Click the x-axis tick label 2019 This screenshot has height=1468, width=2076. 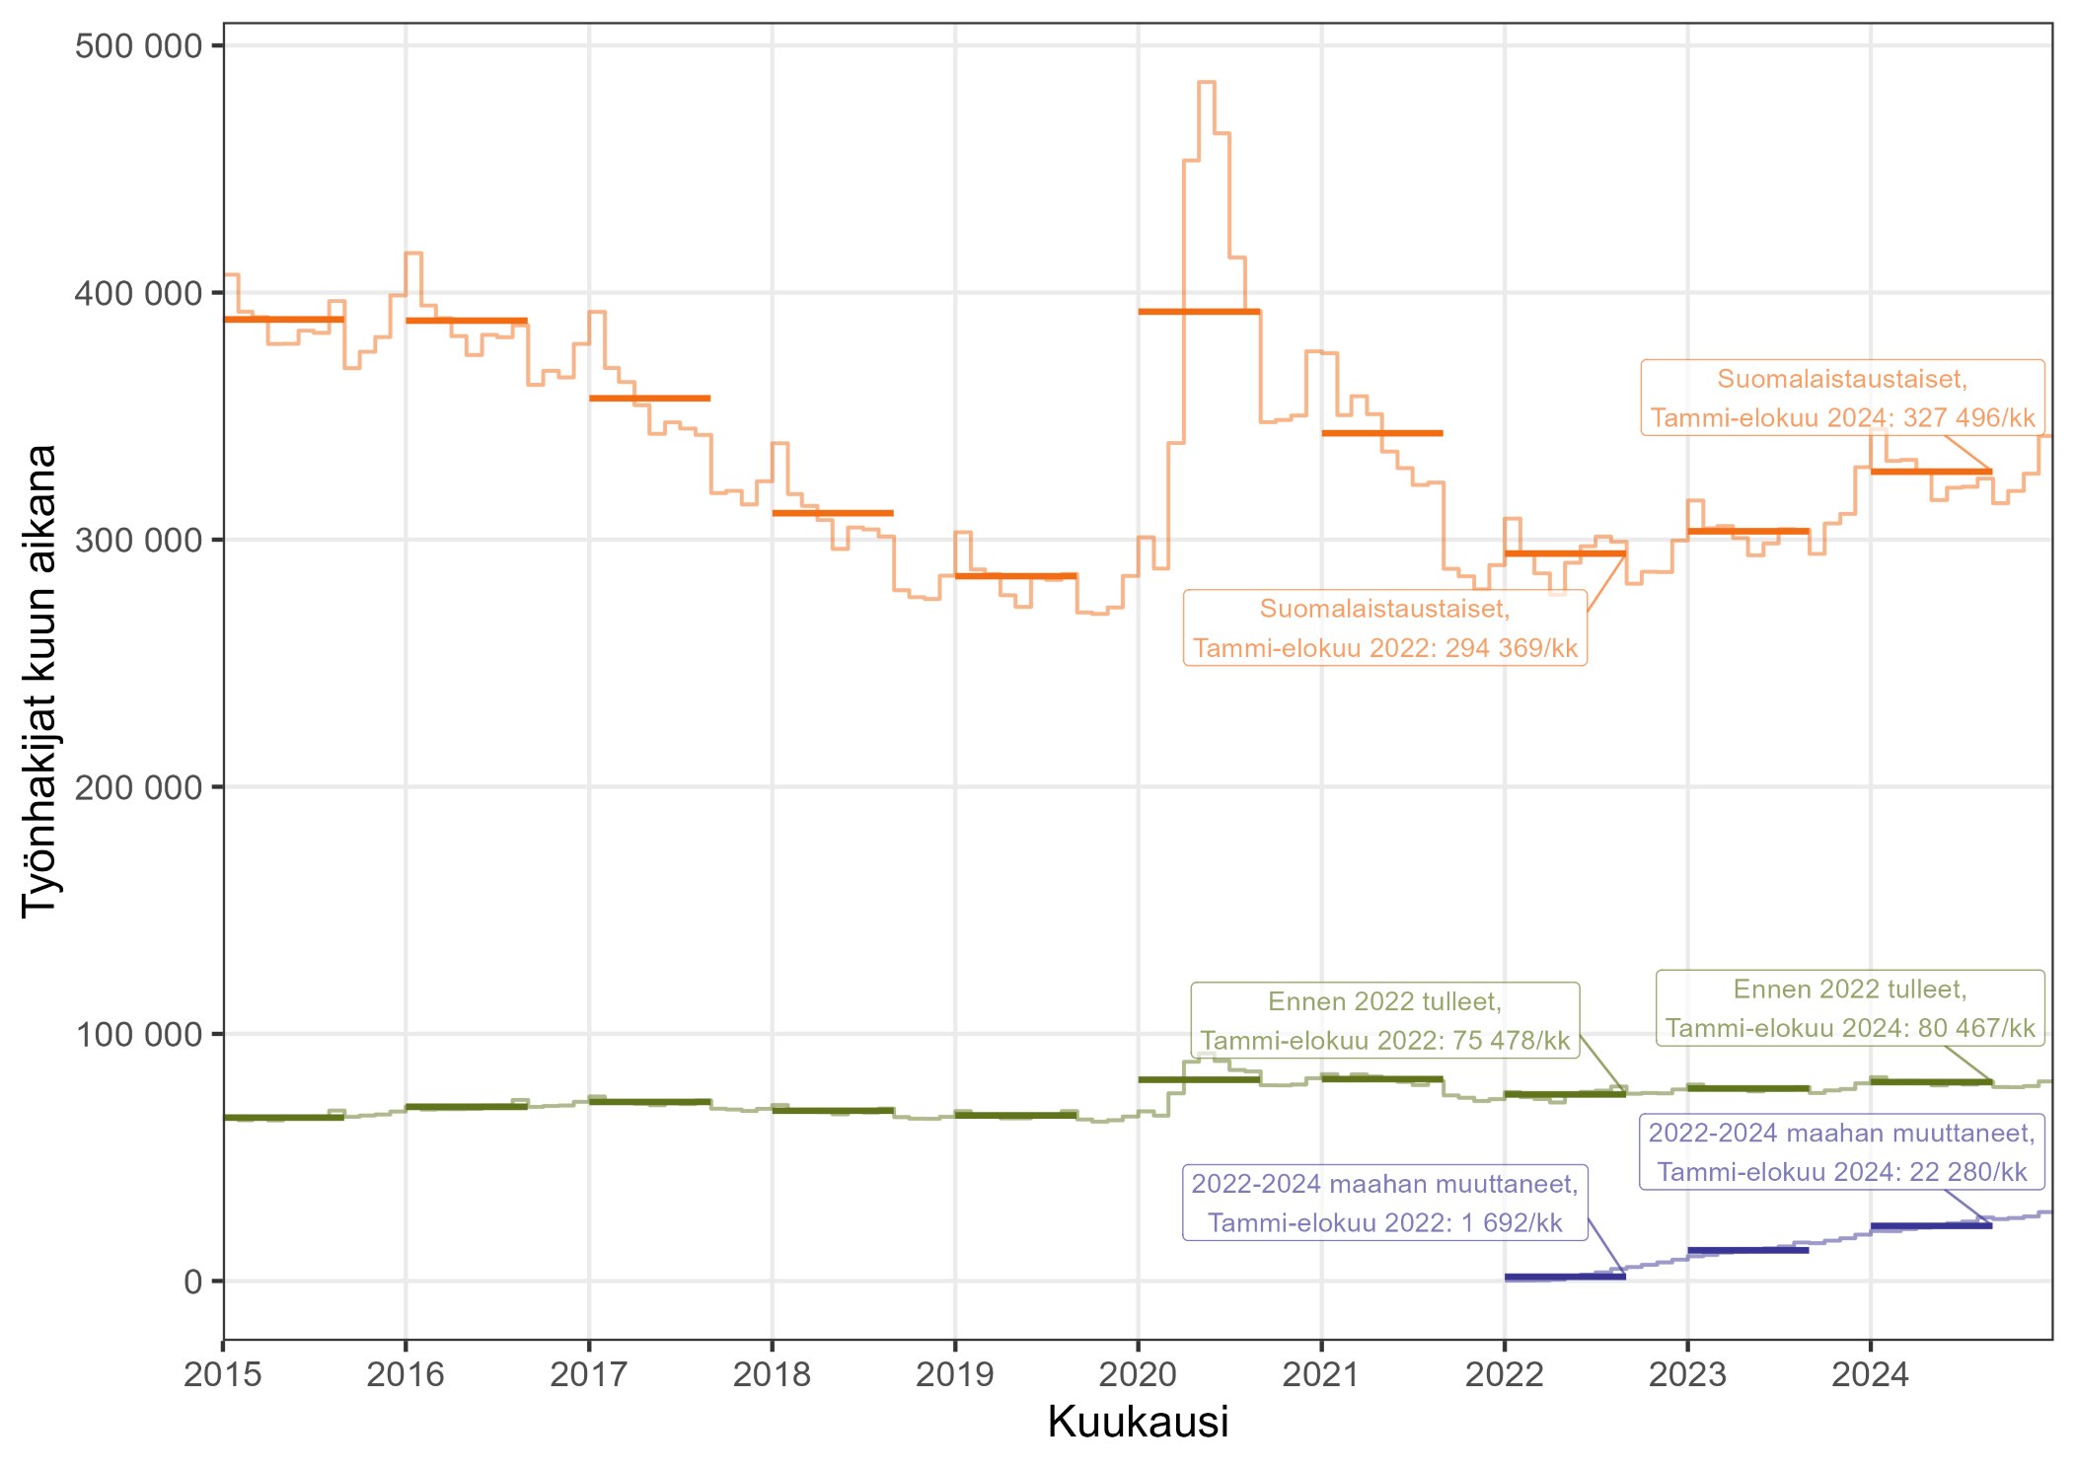pyautogui.click(x=954, y=1374)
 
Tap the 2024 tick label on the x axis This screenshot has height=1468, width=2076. pyautogui.click(x=1870, y=1374)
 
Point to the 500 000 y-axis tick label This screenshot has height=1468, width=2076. pyautogui.click(x=138, y=46)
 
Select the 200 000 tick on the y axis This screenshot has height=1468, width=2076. pyautogui.click(x=138, y=787)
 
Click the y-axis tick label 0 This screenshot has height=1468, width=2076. pyautogui.click(x=192, y=1282)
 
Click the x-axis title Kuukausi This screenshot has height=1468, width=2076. pyautogui.click(x=1138, y=1422)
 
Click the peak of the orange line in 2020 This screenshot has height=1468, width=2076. pyautogui.click(x=1206, y=83)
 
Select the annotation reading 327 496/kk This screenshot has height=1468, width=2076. pyautogui.click(x=1842, y=399)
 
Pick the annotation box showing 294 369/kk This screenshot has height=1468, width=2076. pyautogui.click(x=1384, y=628)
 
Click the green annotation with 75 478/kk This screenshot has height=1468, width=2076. pyautogui.click(x=1384, y=1021)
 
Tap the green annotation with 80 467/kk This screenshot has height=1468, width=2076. pyautogui.click(x=1849, y=1008)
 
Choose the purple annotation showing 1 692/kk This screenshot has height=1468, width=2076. pyautogui.click(x=1384, y=1203)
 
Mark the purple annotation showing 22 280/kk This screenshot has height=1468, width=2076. pyautogui.click(x=1841, y=1152)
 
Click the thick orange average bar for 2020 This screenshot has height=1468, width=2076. pyautogui.click(x=1199, y=312)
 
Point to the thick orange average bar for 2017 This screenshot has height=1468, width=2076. pyautogui.click(x=649, y=399)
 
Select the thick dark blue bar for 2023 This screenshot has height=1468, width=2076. pyautogui.click(x=1747, y=1250)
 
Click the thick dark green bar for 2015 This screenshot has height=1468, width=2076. pyautogui.click(x=283, y=1118)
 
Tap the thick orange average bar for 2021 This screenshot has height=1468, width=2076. pyautogui.click(x=1381, y=433)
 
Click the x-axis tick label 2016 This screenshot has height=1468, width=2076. pyautogui.click(x=405, y=1374)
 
